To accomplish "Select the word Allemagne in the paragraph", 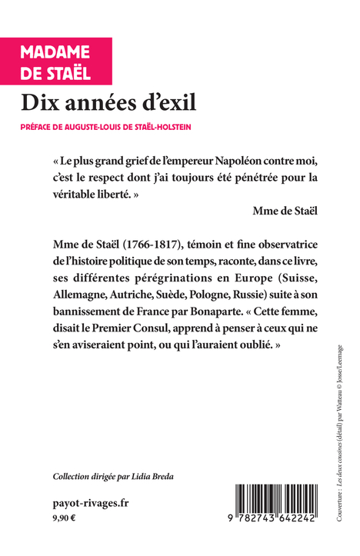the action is [80, 296].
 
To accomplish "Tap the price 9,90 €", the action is [65, 519].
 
